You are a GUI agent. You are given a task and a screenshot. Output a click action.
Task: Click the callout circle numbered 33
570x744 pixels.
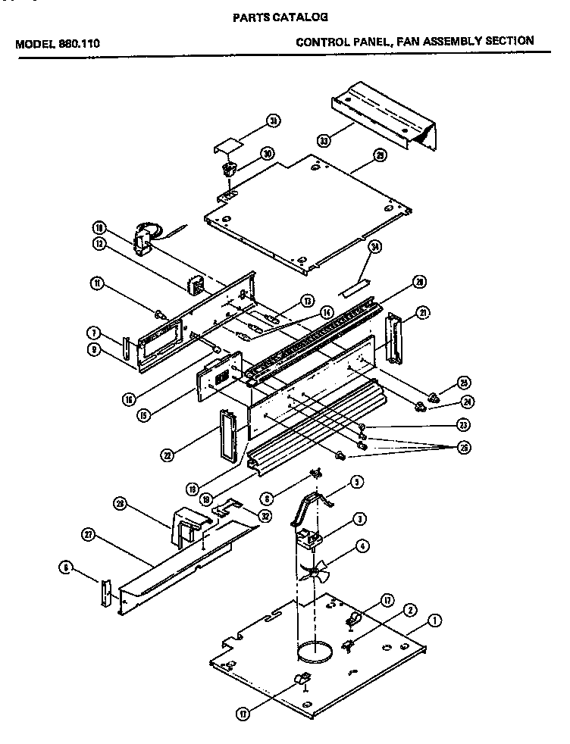point(324,140)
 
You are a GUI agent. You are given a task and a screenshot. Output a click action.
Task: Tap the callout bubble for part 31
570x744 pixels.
point(274,120)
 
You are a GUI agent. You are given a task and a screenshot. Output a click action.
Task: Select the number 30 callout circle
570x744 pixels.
point(267,153)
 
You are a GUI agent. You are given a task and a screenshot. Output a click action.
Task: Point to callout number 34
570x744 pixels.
point(374,248)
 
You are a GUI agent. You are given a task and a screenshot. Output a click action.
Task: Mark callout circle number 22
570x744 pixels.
point(168,455)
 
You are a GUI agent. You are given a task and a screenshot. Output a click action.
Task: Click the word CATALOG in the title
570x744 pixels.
point(302,16)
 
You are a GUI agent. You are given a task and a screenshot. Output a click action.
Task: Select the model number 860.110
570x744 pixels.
point(80,43)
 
